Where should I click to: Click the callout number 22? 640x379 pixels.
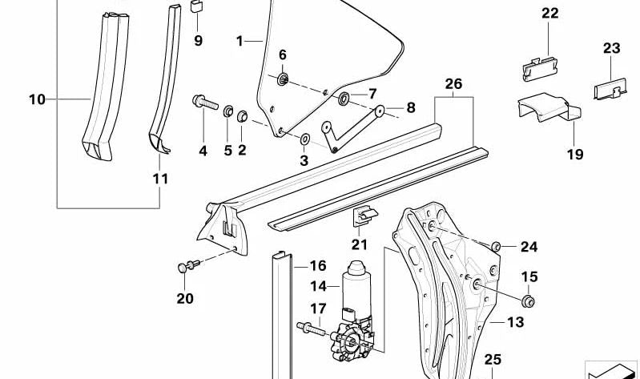pyautogui.click(x=549, y=14)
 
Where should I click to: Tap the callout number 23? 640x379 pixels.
pyautogui.click(x=611, y=49)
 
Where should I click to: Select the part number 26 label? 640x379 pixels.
pyautogui.click(x=453, y=83)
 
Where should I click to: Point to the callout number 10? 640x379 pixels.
pyautogui.click(x=37, y=100)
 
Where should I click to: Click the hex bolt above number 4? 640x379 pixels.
pyautogui.click(x=204, y=103)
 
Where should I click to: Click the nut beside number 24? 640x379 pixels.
pyautogui.click(x=496, y=246)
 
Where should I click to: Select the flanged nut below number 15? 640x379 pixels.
pyautogui.click(x=528, y=300)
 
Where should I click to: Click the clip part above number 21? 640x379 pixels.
pyautogui.click(x=362, y=215)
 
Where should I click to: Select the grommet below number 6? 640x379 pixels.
pyautogui.click(x=283, y=79)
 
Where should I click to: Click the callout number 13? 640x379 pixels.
pyautogui.click(x=514, y=323)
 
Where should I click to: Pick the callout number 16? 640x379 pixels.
pyautogui.click(x=318, y=265)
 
